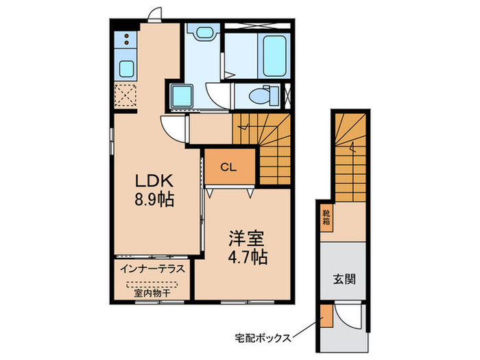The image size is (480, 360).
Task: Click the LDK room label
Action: [157, 182]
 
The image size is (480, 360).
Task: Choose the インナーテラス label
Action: [152, 269]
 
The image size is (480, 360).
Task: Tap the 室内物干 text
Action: [152, 293]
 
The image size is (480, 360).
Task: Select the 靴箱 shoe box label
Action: [326, 219]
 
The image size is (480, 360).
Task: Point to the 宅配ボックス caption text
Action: [263, 337]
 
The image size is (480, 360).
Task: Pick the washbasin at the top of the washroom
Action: [203, 32]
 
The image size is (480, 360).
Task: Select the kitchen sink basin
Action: [127, 68]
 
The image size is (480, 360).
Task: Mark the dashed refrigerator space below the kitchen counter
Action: [126, 96]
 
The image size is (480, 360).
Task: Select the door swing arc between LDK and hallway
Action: [174, 129]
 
